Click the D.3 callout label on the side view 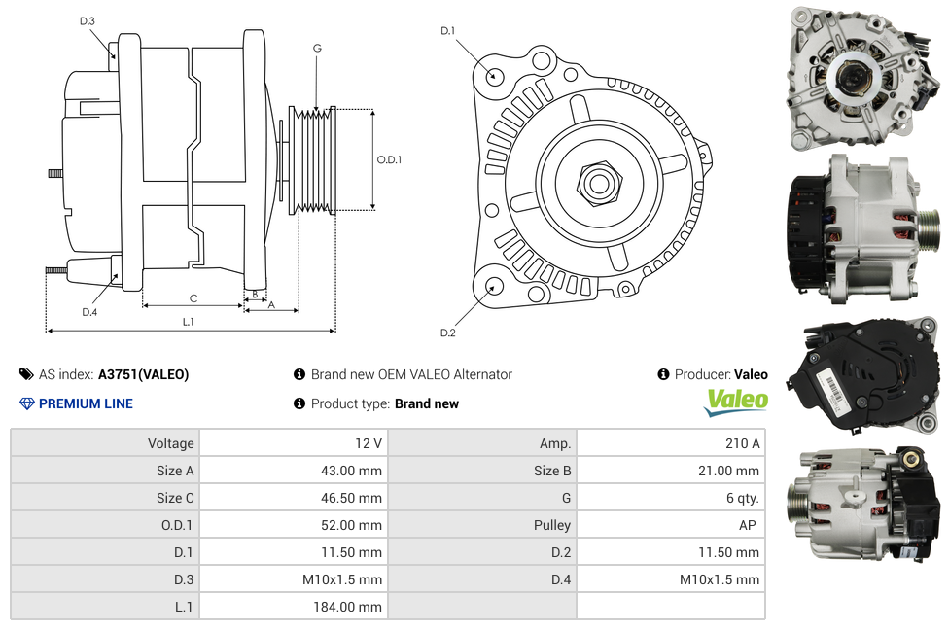coord(88,20)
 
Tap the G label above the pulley coord(317,48)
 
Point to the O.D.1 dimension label coord(389,159)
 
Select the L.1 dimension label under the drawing coord(188,321)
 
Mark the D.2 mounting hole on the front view coord(493,285)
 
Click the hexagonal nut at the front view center coord(598,181)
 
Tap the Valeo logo coord(736,402)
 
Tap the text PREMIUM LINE coord(86,403)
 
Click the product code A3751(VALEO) coord(143,374)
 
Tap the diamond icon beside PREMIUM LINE coord(26,403)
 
